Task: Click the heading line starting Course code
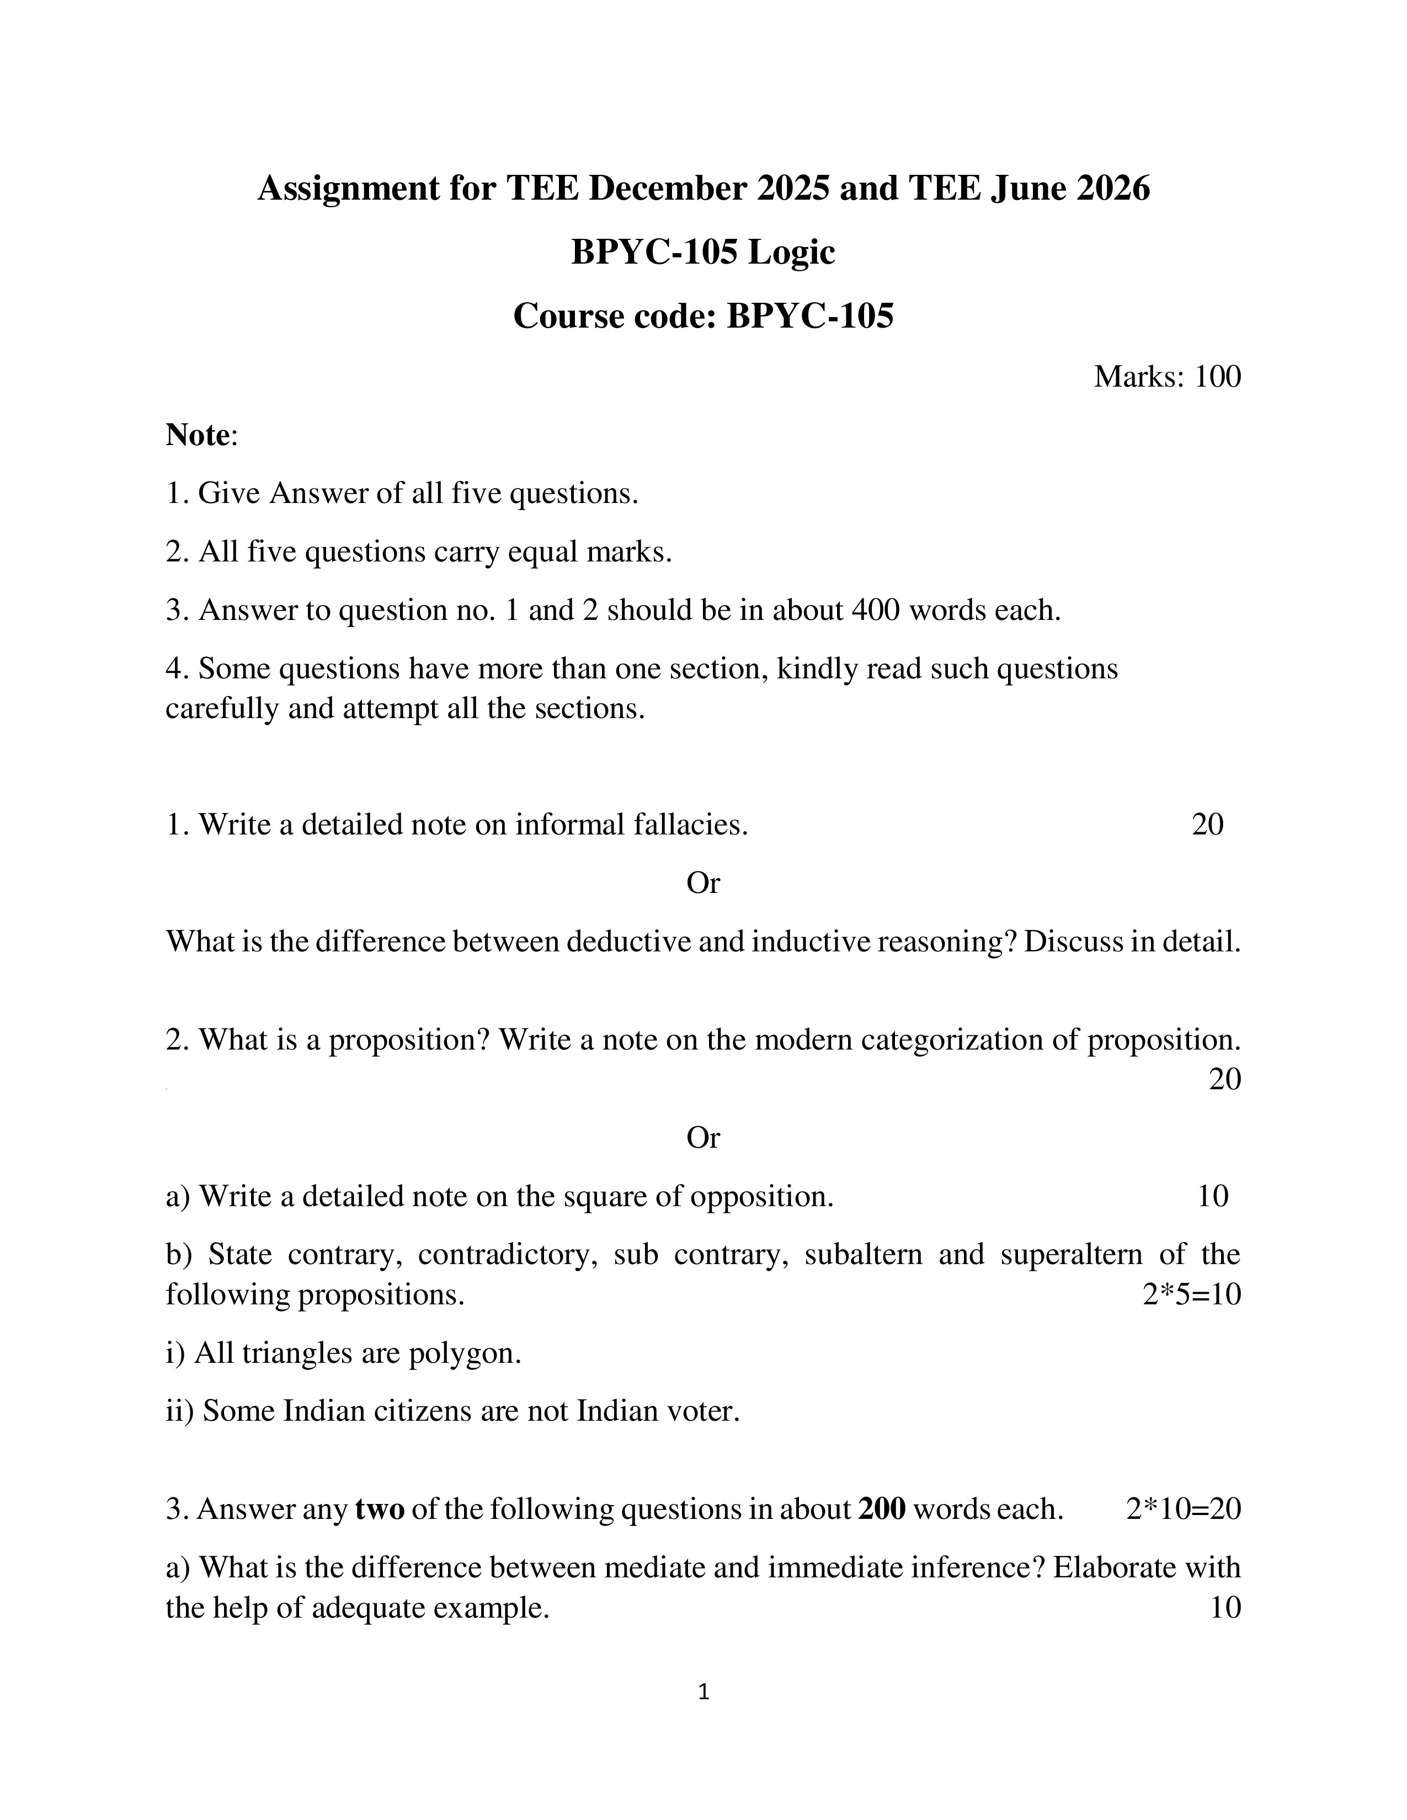(x=702, y=316)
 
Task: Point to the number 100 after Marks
(x=1217, y=377)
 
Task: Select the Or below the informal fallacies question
(x=702, y=882)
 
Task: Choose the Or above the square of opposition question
(x=702, y=1137)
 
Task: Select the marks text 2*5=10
(x=1191, y=1294)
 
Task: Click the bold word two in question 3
(x=379, y=1509)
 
